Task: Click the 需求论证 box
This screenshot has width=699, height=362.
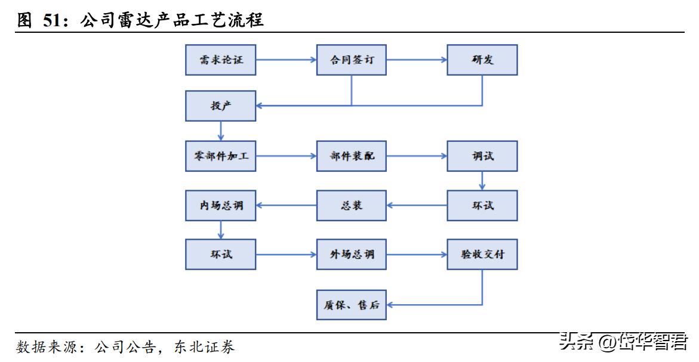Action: pos(221,60)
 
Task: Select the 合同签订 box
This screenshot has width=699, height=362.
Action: pos(352,60)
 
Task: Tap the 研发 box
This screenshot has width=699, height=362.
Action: pos(482,60)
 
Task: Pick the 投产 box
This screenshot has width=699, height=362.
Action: pos(221,106)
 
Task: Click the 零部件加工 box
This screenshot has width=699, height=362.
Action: pos(221,156)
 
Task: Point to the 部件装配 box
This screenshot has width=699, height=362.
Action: pos(352,156)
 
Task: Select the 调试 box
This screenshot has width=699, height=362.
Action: pos(482,156)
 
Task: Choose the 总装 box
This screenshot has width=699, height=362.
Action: pos(352,206)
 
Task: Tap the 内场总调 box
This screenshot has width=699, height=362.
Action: pos(221,206)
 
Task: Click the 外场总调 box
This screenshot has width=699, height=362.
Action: pos(352,255)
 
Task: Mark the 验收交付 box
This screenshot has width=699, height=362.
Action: pos(482,255)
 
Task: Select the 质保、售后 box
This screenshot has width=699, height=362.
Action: pos(352,305)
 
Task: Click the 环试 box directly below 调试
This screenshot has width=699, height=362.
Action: pos(482,206)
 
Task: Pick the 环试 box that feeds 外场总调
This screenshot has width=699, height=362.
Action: pos(221,255)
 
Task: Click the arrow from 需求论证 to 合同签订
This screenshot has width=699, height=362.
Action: pos(287,60)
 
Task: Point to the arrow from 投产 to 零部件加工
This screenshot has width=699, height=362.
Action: pos(221,131)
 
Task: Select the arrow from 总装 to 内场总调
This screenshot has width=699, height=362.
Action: pos(287,206)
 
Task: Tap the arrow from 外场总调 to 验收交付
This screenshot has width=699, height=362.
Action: pos(417,255)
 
